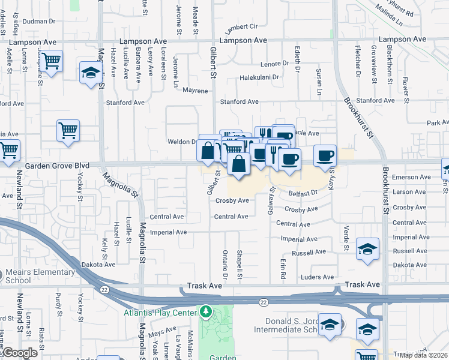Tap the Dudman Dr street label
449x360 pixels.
[38, 21]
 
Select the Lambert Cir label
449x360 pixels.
[241, 28]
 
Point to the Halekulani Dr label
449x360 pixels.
[259, 77]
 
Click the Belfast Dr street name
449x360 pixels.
[303, 193]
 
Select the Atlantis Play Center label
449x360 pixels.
[161, 313]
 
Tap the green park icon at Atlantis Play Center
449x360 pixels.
[206, 312]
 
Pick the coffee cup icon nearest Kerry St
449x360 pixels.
[325, 155]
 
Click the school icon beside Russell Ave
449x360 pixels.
[367, 248]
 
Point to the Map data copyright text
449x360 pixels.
[424, 355]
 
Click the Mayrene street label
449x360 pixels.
[195, 91]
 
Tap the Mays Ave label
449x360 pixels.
[161, 331]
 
